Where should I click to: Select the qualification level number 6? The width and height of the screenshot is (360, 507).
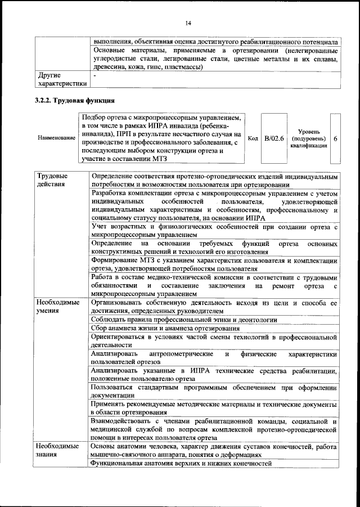click(336, 138)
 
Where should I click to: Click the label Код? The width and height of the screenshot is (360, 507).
click(253, 138)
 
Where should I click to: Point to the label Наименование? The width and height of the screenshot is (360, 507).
click(56, 138)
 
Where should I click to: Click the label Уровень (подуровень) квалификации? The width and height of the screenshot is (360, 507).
click(309, 138)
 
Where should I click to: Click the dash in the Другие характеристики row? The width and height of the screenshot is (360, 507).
click(94, 74)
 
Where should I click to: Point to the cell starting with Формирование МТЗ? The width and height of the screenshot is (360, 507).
click(214, 265)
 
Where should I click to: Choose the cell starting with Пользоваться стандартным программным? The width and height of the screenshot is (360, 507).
click(214, 392)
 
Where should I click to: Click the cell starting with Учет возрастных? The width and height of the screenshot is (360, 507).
click(214, 230)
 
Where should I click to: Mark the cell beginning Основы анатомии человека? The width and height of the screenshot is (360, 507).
click(214, 450)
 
